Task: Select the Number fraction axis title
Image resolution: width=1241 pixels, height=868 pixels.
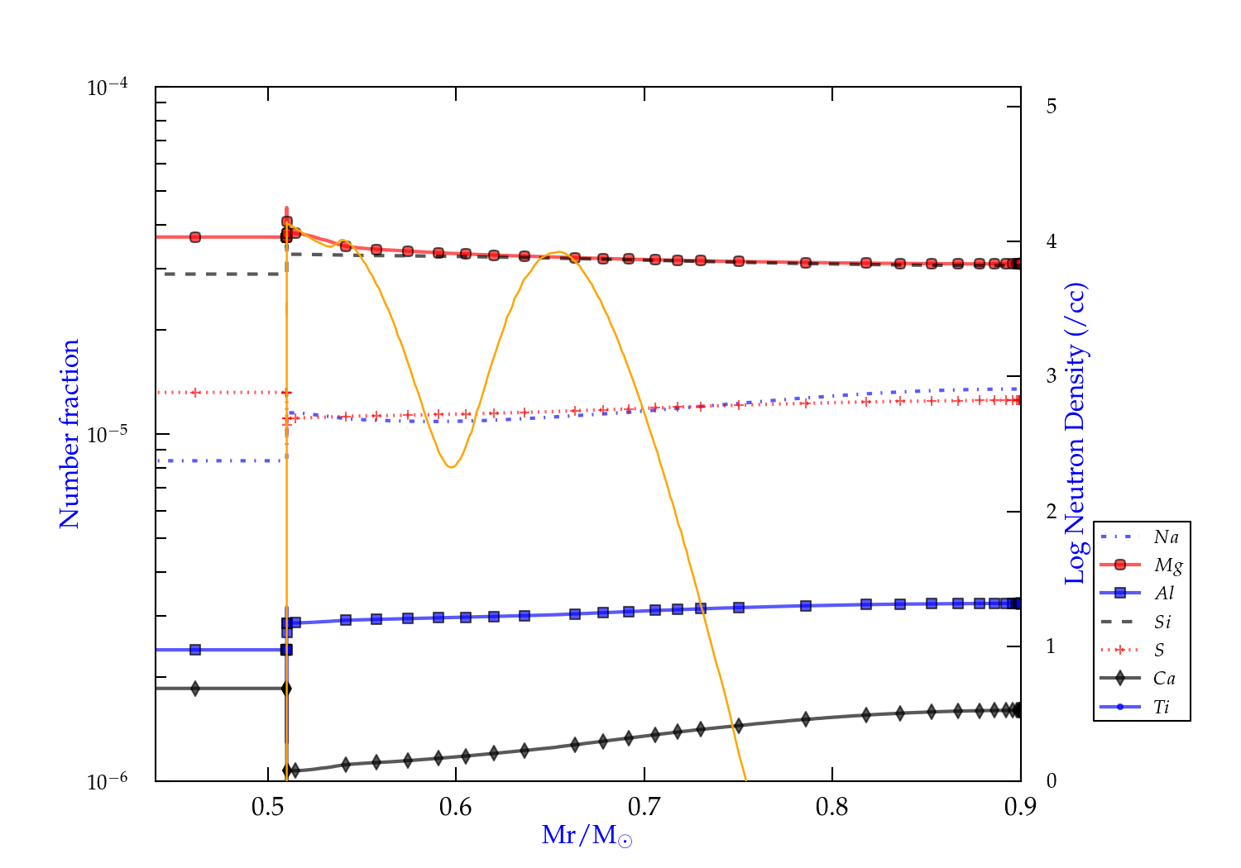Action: click(69, 434)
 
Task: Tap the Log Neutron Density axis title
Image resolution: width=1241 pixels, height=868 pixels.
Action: click(1075, 434)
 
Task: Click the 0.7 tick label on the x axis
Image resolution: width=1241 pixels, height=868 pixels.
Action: click(644, 807)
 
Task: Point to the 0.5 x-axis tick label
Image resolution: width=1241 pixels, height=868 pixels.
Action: click(268, 807)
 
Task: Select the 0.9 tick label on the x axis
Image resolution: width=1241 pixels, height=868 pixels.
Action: click(1020, 807)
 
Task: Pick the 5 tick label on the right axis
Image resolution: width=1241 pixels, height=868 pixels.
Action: click(1052, 107)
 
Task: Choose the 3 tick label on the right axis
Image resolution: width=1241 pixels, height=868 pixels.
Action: click(1052, 376)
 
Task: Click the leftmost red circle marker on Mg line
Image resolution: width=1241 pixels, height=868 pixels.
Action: click(195, 237)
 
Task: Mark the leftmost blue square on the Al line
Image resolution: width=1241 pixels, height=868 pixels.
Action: click(195, 650)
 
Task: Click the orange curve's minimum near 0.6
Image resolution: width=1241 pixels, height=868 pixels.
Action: click(451, 467)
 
